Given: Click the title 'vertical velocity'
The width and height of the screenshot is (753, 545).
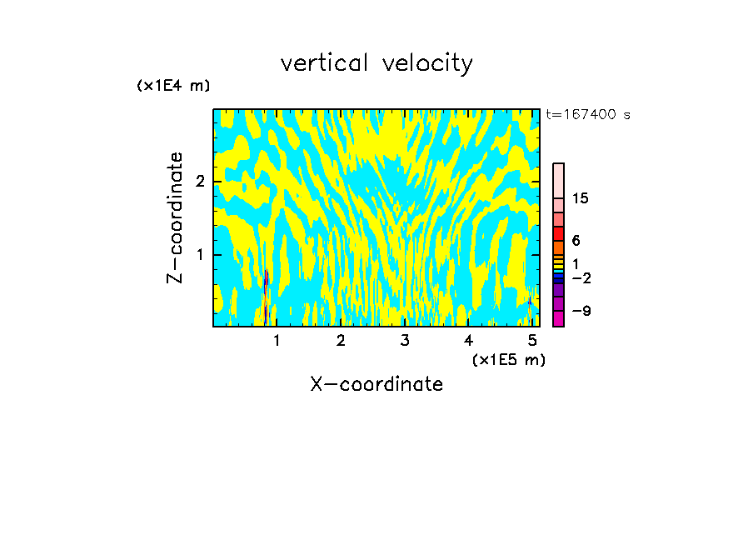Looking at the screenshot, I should (376, 63).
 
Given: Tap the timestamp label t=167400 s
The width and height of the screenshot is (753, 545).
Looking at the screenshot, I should (587, 115).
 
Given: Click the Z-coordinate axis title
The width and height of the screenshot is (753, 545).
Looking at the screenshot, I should (175, 217).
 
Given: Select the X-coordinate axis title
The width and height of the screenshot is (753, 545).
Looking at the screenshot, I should (376, 384).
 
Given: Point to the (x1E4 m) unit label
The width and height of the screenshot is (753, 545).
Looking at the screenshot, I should (173, 86).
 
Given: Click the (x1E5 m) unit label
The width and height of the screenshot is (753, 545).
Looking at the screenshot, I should (508, 359).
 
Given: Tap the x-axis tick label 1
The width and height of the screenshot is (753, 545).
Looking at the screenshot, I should (277, 340).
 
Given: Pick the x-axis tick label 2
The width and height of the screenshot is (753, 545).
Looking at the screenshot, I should (341, 340).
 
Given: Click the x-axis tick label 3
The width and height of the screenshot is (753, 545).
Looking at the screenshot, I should (405, 340).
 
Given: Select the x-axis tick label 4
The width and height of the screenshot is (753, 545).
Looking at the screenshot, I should (468, 340).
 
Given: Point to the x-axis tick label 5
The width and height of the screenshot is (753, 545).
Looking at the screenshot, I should (532, 340).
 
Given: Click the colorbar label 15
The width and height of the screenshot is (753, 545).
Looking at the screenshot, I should (581, 198).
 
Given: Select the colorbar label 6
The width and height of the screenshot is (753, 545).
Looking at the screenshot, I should (576, 241).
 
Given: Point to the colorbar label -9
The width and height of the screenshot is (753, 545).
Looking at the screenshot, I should (581, 312).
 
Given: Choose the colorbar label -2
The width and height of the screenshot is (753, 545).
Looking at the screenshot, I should (581, 277).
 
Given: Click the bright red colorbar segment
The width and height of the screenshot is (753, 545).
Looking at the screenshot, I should (558, 233).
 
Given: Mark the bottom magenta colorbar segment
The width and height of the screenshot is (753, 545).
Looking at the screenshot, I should (558, 317).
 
